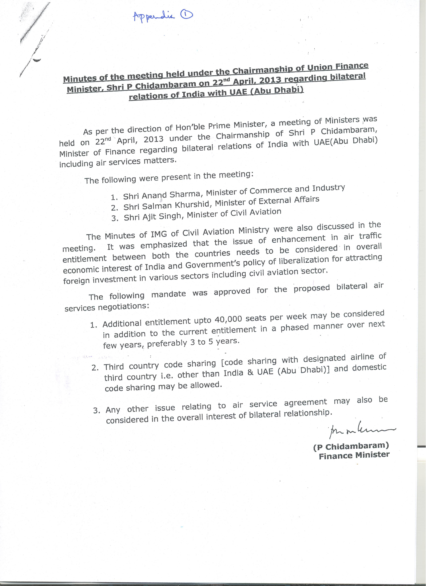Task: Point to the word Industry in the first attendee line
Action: [328, 188]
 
